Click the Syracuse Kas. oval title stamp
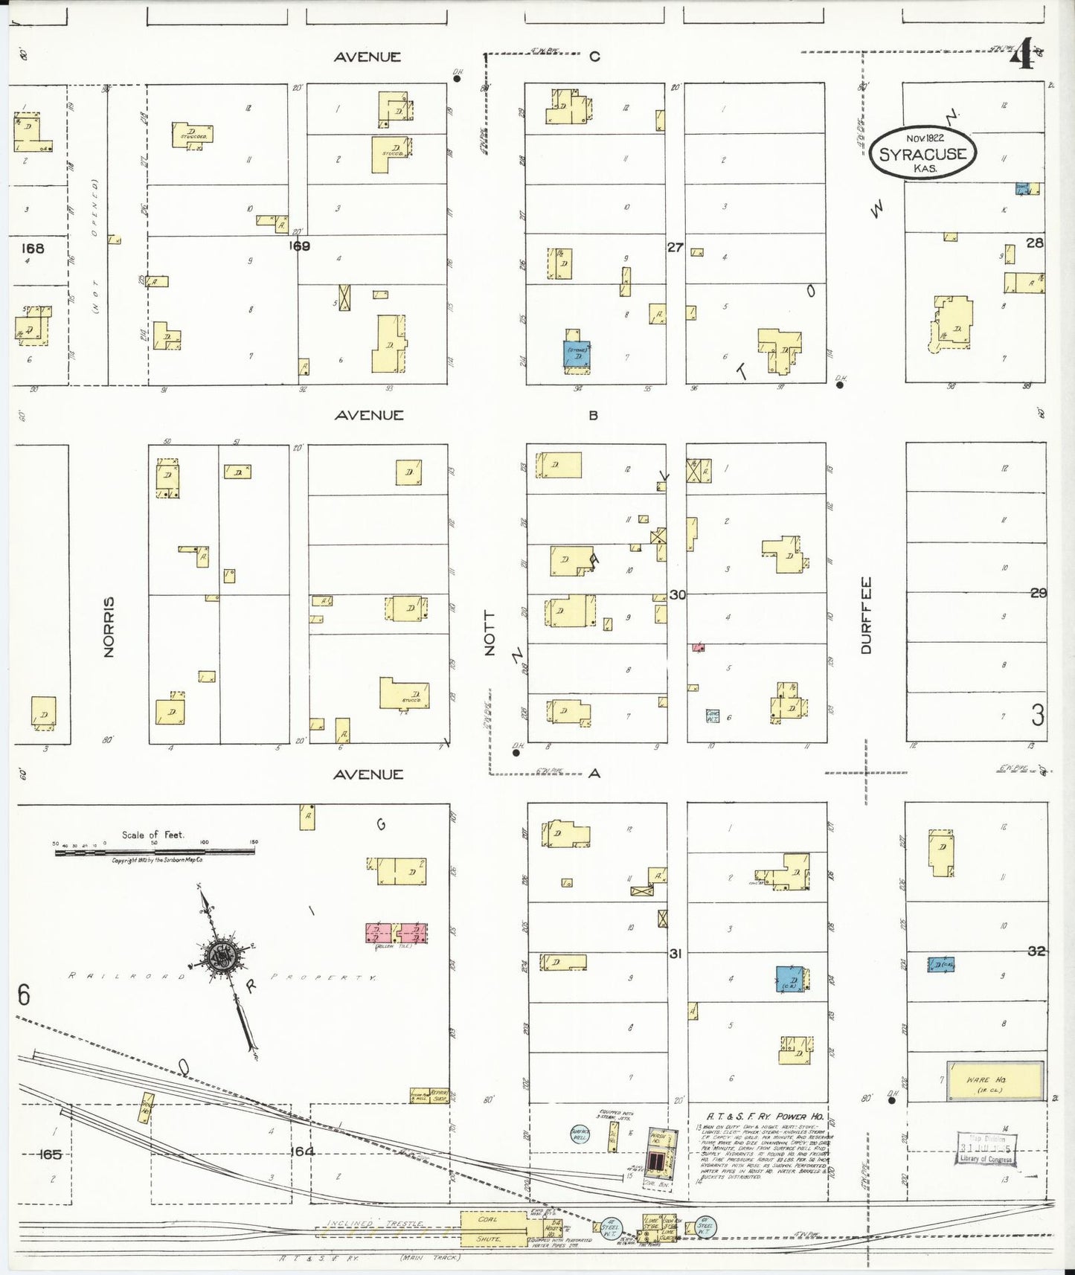tap(922, 153)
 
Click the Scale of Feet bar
tap(155, 851)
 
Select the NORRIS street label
tap(109, 626)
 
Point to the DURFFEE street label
tap(865, 615)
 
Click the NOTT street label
tap(489, 633)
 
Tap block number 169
tap(299, 245)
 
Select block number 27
tap(675, 247)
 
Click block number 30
tap(677, 594)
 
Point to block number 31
tap(675, 953)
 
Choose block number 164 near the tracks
tap(302, 1152)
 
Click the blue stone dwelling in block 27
tap(577, 353)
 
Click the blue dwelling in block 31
tap(791, 980)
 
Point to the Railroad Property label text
tap(223, 977)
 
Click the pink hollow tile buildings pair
tap(397, 933)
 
